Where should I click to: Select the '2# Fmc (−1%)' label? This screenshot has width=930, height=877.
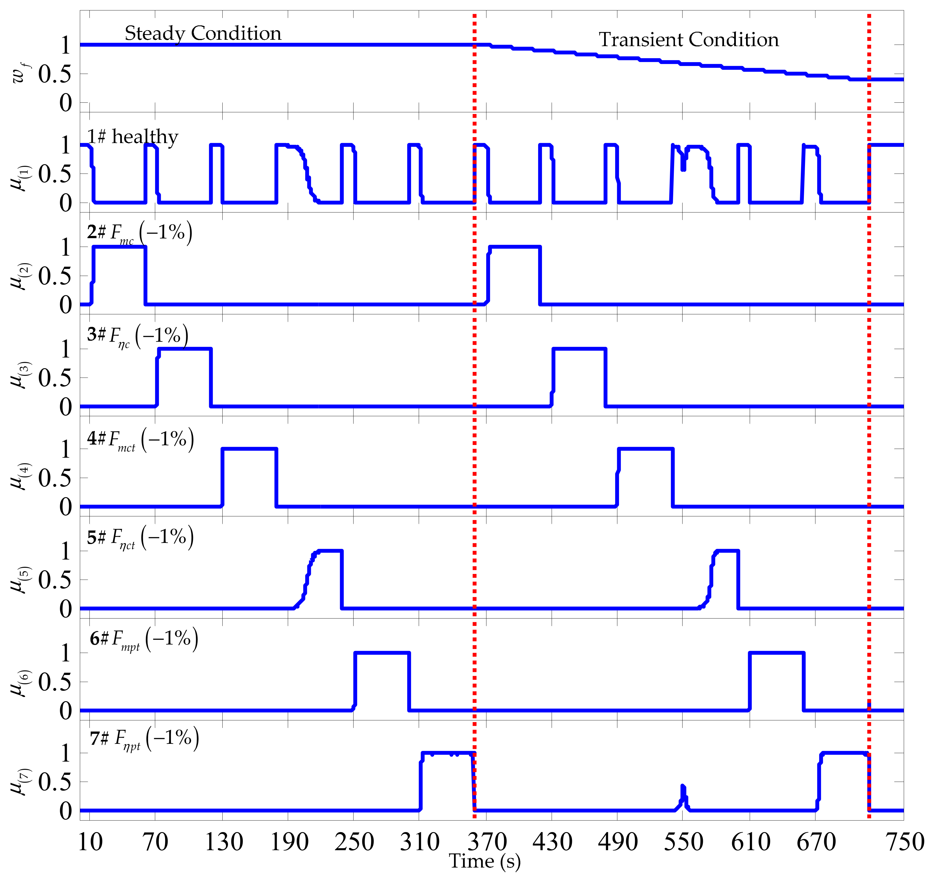(139, 233)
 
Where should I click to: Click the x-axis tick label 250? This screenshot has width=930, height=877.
(354, 842)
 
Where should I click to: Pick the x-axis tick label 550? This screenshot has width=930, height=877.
(683, 842)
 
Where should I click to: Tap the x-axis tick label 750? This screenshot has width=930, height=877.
(905, 842)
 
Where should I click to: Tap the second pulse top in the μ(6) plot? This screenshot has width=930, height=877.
(777, 653)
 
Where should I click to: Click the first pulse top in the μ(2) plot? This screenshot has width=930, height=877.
(120, 247)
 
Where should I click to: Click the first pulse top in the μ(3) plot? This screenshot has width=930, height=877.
(185, 349)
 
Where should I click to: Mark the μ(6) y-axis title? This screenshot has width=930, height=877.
(21, 682)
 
